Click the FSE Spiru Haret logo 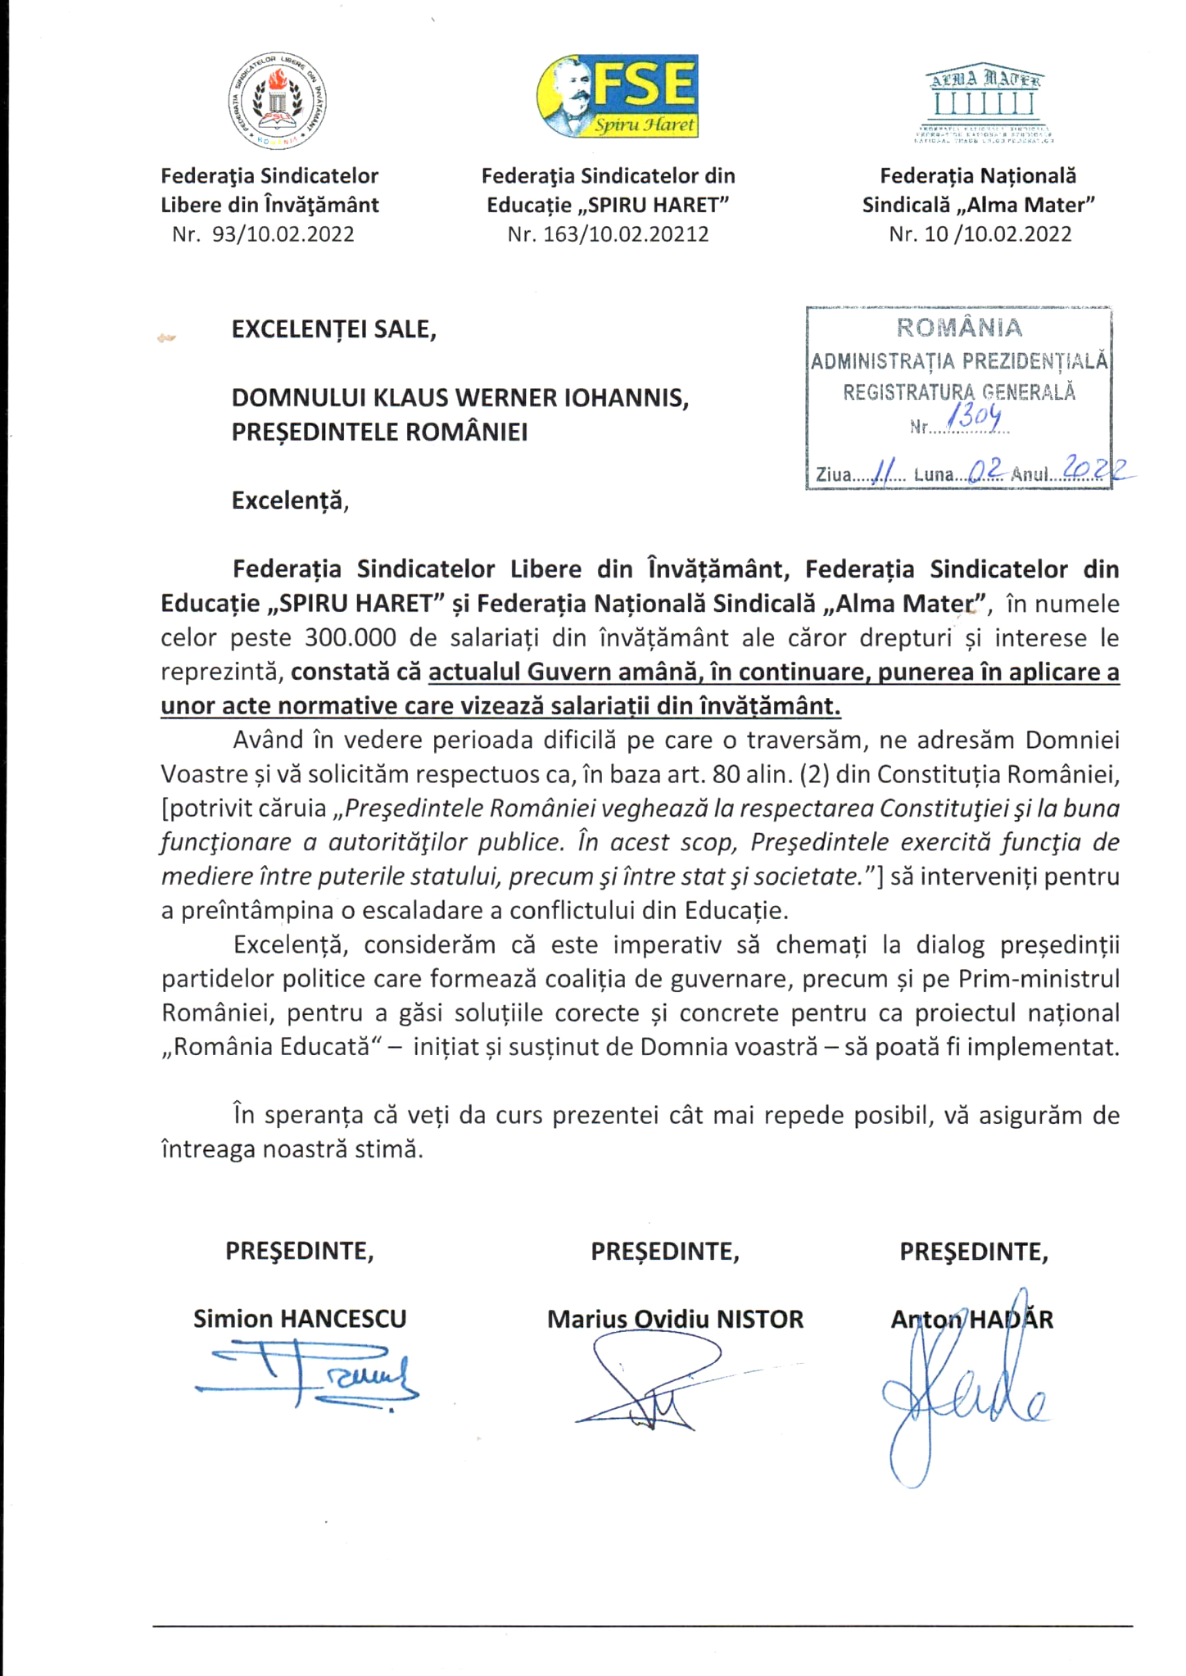[618, 97]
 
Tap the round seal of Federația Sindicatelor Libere [276, 102]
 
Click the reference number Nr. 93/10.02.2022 [263, 234]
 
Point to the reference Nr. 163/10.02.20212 [608, 234]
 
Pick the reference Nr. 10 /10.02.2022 [980, 234]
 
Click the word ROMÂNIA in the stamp [959, 328]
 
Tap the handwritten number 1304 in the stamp [974, 419]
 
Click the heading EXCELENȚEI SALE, [333, 329]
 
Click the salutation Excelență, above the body [290, 500]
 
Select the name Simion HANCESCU [300, 1319]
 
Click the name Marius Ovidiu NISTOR [675, 1319]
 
